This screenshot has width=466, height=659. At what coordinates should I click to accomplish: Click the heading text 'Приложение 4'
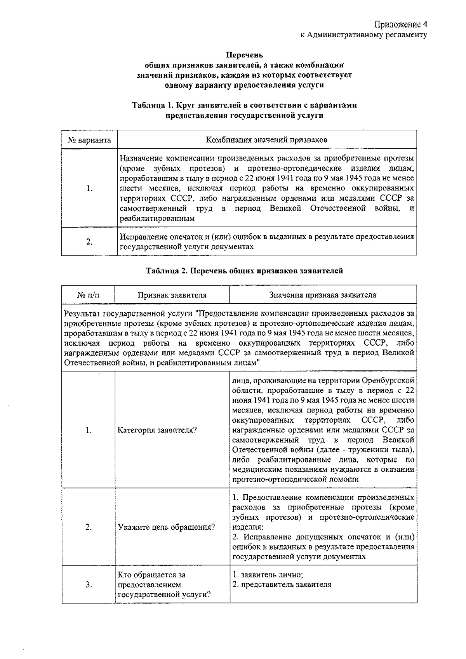(x=401, y=25)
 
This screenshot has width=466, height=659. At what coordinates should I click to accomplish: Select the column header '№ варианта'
(x=89, y=140)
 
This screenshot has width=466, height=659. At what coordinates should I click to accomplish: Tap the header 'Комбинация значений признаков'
(x=266, y=140)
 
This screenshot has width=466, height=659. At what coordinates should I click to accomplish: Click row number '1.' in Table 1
(x=89, y=189)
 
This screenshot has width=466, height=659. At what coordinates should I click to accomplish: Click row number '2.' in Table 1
(x=89, y=242)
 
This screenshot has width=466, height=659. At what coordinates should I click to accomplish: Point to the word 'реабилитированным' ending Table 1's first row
(x=157, y=219)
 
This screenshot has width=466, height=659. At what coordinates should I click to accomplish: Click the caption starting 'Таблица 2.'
(x=244, y=271)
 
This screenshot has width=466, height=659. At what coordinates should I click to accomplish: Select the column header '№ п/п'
(x=88, y=295)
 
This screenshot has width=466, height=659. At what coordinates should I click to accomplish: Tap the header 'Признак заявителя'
(x=172, y=295)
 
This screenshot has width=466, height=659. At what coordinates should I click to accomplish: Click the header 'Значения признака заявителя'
(x=323, y=295)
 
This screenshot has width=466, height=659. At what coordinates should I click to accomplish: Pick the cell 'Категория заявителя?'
(x=157, y=430)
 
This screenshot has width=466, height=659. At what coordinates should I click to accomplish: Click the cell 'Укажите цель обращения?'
(x=166, y=527)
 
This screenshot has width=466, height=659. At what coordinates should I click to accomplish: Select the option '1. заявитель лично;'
(x=268, y=575)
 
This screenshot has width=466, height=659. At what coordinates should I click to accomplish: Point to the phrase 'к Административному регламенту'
(x=364, y=35)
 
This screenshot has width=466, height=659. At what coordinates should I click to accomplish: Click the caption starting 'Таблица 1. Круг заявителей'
(x=244, y=105)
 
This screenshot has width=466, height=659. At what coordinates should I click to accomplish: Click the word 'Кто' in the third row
(x=125, y=575)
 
